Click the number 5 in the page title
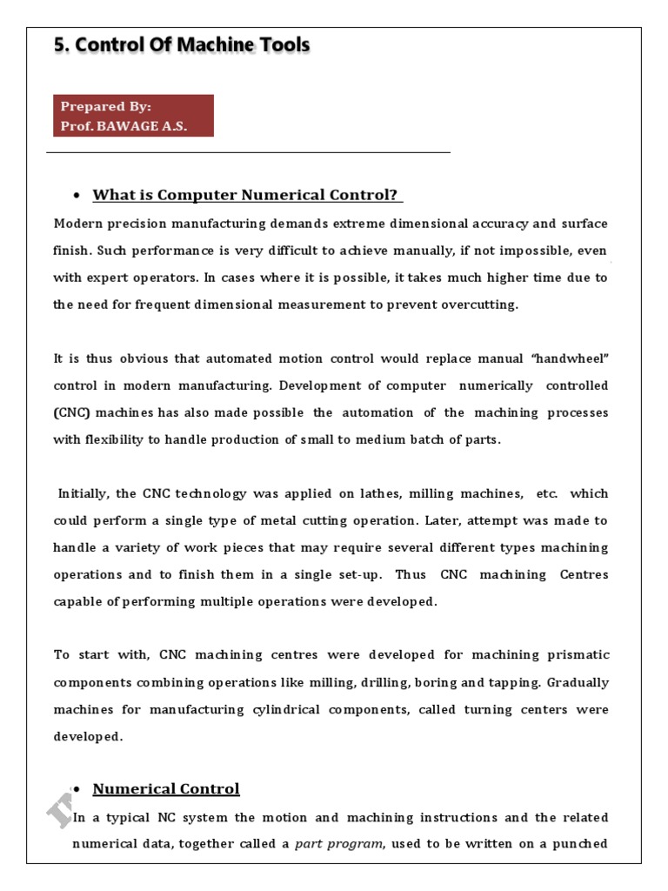point(59,45)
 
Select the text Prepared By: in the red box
point(105,106)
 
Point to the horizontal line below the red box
point(248,153)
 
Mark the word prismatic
point(577,654)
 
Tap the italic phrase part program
point(338,844)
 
